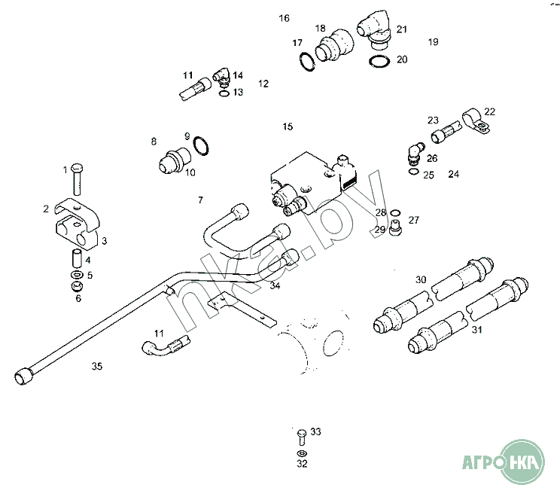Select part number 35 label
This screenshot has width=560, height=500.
click(96, 367)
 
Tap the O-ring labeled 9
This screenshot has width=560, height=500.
click(201, 145)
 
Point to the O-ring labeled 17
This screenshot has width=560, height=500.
click(305, 62)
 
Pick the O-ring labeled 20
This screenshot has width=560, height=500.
click(379, 59)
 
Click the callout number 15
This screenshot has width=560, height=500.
click(288, 127)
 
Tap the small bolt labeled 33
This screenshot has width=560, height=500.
click(301, 435)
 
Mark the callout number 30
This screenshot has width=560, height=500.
click(421, 279)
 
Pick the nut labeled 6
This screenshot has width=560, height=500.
click(76, 286)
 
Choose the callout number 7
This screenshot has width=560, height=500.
click(200, 200)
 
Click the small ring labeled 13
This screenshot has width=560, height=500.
click(223, 93)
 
